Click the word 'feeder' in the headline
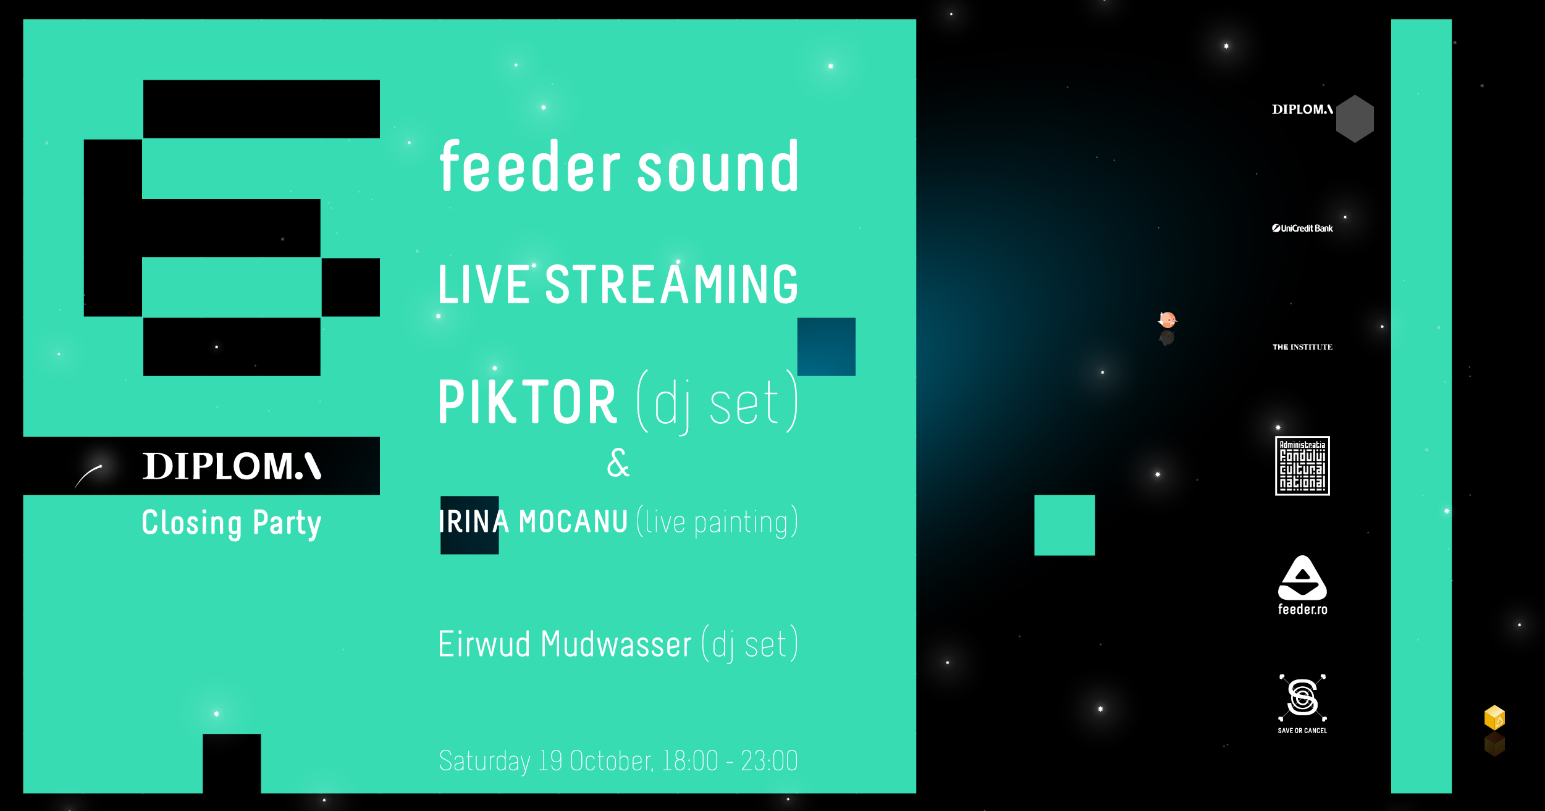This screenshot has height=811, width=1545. [x=529, y=166]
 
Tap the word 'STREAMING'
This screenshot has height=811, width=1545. [x=671, y=284]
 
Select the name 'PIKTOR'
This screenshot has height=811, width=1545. [x=527, y=402]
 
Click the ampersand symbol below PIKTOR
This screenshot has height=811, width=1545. [x=618, y=463]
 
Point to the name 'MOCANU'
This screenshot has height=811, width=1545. [x=573, y=522]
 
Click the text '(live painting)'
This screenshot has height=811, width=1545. [x=717, y=522]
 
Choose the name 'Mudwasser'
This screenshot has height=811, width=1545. [x=616, y=644]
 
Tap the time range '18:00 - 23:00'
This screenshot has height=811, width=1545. [x=730, y=760]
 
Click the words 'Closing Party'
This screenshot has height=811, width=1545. [x=232, y=524]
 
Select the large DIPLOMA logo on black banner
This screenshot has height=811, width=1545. [x=232, y=466]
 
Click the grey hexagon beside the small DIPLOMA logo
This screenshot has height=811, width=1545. [x=1354, y=119]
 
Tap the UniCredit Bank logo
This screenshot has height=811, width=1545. [x=1302, y=228]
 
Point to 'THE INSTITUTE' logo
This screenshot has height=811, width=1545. [x=1302, y=347]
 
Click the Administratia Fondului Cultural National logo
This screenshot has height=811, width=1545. [x=1302, y=466]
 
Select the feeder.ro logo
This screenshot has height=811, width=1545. [x=1302, y=585]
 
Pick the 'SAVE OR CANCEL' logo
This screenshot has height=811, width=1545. [x=1302, y=704]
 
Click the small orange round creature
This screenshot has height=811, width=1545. [x=1167, y=320]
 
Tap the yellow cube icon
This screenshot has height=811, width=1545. [x=1494, y=718]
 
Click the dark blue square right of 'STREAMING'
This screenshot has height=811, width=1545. [x=827, y=347]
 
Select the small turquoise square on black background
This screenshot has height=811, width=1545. [x=1064, y=525]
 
